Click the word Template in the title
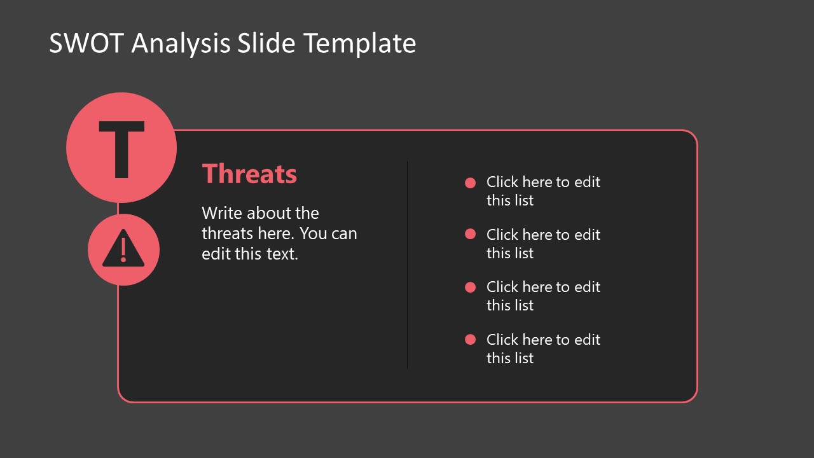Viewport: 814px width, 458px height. coord(360,44)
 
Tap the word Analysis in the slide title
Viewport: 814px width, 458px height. coord(181,44)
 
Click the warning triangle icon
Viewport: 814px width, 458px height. coord(123,249)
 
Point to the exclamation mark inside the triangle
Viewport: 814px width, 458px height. coord(123,250)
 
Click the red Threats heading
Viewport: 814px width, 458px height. coord(249,174)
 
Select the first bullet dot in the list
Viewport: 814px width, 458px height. coord(471,183)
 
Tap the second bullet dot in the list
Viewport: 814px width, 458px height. coord(471,234)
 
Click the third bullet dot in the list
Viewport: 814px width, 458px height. coord(471,287)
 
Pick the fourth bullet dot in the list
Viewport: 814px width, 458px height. coord(471,340)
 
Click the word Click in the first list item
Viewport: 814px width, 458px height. coord(502,182)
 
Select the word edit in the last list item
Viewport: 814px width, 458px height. coord(588,340)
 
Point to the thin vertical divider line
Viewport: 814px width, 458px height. coord(407,265)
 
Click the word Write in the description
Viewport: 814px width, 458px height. coord(222,213)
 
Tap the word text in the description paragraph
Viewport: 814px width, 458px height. coord(282,254)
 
